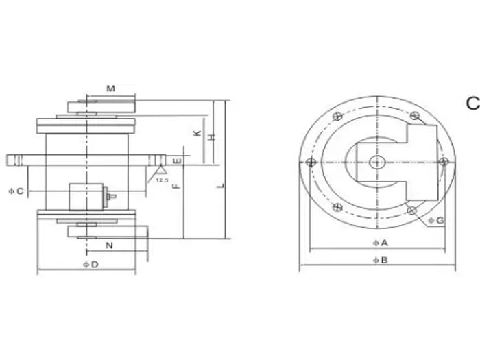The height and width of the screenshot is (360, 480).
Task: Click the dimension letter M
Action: [110, 88]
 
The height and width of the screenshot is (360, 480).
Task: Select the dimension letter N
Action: [109, 245]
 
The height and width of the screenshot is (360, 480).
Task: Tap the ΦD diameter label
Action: [90, 264]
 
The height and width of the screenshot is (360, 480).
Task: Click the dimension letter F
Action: [177, 186]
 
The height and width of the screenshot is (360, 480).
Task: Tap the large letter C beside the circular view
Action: [472, 104]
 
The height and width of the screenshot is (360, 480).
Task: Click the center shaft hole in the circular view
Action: [376, 163]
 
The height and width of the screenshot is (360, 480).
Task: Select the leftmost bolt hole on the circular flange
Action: [311, 163]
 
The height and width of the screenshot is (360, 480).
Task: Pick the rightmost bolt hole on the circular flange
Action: [444, 162]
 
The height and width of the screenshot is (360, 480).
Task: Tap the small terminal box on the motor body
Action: [89, 196]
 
